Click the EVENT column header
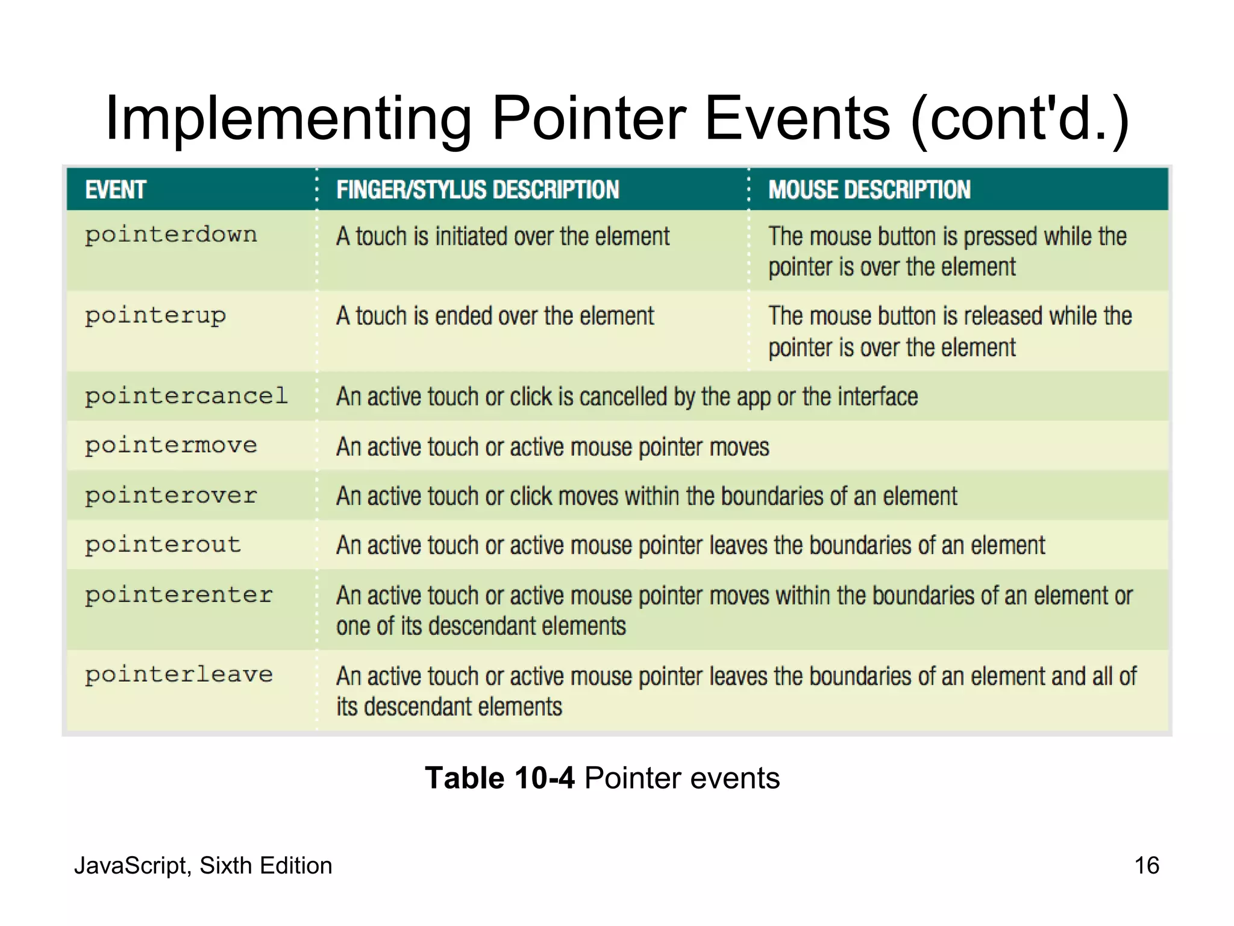pyautogui.click(x=116, y=190)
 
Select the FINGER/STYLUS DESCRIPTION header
pyautogui.click(x=477, y=190)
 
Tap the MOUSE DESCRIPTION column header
pyautogui.click(x=869, y=190)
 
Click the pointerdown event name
pyautogui.click(x=171, y=235)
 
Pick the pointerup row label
pyautogui.click(x=155, y=316)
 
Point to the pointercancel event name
pyautogui.click(x=186, y=396)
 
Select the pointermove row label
pyautogui.click(x=171, y=446)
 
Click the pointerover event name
pyautogui.click(x=171, y=496)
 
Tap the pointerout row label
pyautogui.click(x=163, y=545)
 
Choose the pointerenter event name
pyautogui.click(x=179, y=595)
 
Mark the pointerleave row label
pyautogui.click(x=179, y=675)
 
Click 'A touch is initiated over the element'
pyautogui.click(x=503, y=236)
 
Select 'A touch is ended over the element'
pyautogui.click(x=495, y=316)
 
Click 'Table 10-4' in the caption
pyautogui.click(x=500, y=778)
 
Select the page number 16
pyautogui.click(x=1146, y=865)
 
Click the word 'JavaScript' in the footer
pyautogui.click(x=131, y=866)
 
